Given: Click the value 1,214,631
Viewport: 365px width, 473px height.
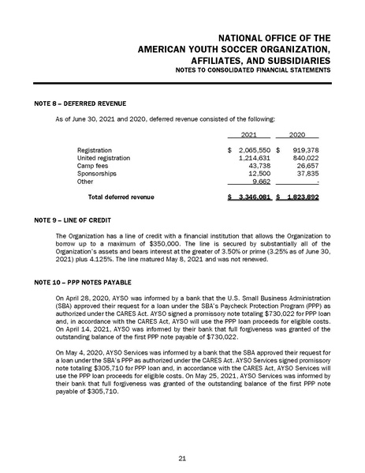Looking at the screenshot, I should click(x=254, y=158).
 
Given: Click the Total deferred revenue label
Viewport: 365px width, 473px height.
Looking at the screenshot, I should click(x=121, y=196).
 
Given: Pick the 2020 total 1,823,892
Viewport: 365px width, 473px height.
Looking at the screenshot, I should click(x=302, y=196).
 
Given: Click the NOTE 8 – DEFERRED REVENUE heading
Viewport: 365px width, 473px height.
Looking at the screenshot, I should click(x=80, y=103).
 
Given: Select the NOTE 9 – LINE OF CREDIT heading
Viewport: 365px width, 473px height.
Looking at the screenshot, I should click(x=76, y=219).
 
